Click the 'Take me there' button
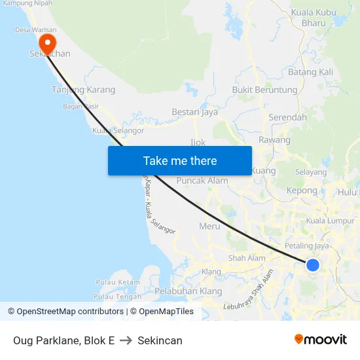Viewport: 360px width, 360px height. click(x=180, y=160)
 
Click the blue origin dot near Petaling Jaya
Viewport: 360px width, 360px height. click(x=313, y=264)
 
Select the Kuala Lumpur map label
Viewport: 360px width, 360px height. click(x=330, y=221)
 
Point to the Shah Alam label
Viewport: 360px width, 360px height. click(x=247, y=258)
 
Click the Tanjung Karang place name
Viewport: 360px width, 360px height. click(x=83, y=90)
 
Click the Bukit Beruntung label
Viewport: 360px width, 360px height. click(x=264, y=90)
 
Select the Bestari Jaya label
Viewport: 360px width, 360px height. click(x=194, y=112)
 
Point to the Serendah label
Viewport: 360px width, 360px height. click(x=287, y=117)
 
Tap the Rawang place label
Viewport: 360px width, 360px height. click(x=274, y=140)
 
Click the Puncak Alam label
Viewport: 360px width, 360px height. click(x=202, y=181)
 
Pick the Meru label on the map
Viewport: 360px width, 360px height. click(x=209, y=226)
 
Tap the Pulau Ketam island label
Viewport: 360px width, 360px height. click(x=118, y=282)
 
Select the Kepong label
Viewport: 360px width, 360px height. click(x=302, y=190)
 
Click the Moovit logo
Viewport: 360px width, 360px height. click(x=321, y=340)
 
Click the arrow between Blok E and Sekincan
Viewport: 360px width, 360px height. click(x=126, y=340)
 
